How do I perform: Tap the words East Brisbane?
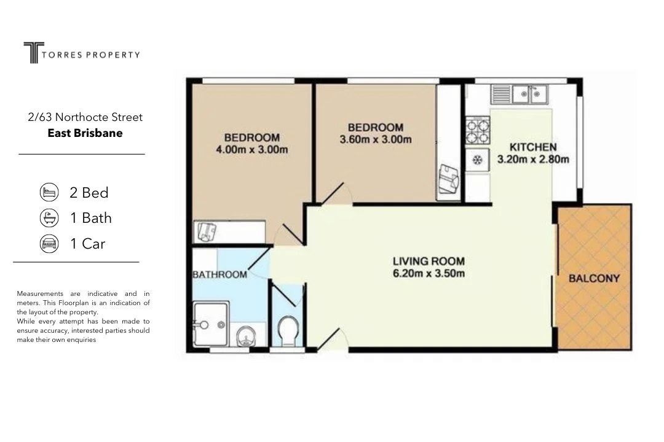85,133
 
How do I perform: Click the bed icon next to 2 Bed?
49,192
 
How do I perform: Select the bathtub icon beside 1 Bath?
49,218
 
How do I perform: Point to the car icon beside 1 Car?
49,244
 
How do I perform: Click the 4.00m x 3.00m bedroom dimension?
251,149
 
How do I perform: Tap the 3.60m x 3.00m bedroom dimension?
376,139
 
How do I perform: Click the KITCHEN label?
533,147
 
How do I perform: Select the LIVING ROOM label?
429,261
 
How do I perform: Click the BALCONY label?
594,278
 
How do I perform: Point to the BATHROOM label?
219,274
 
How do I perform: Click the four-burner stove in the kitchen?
477,130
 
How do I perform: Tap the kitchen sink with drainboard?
520,94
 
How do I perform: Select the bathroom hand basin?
247,335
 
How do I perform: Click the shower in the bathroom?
210,324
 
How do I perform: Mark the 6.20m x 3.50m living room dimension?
429,274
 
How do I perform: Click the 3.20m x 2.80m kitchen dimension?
533,160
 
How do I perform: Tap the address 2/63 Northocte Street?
85,117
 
